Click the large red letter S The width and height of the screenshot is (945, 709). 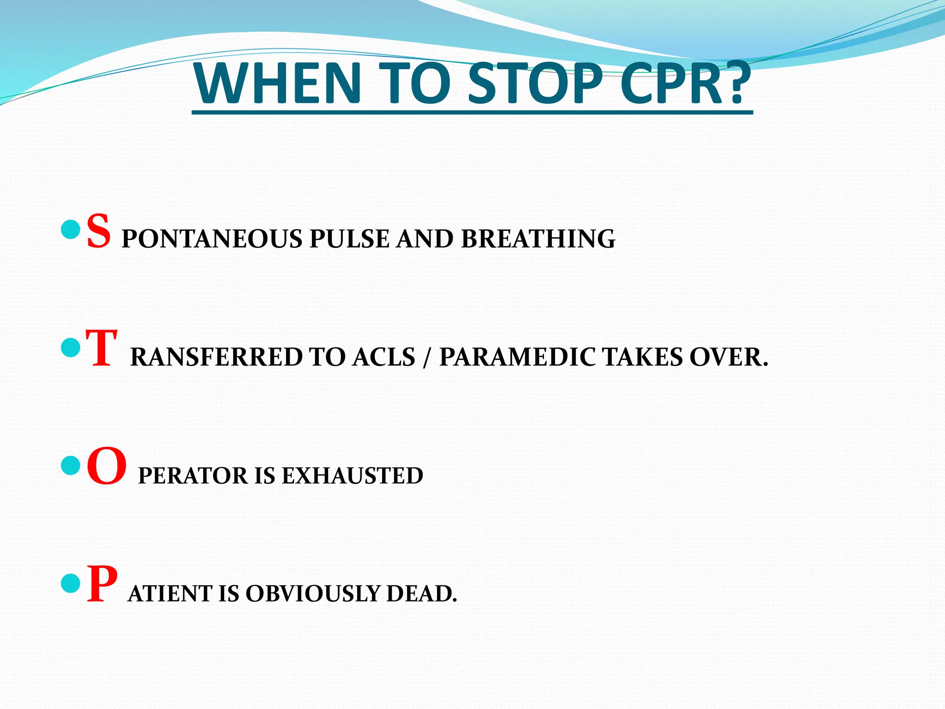pyautogui.click(x=99, y=231)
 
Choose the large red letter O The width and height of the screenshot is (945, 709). pyautogui.click(x=107, y=467)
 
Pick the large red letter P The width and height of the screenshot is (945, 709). pyautogui.click(x=102, y=585)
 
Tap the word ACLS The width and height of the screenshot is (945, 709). pyautogui.click(x=383, y=357)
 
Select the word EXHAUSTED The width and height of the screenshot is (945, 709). pyautogui.click(x=353, y=476)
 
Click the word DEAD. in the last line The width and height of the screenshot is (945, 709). pyautogui.click(x=421, y=594)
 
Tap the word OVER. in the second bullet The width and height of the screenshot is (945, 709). pyautogui.click(x=729, y=357)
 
